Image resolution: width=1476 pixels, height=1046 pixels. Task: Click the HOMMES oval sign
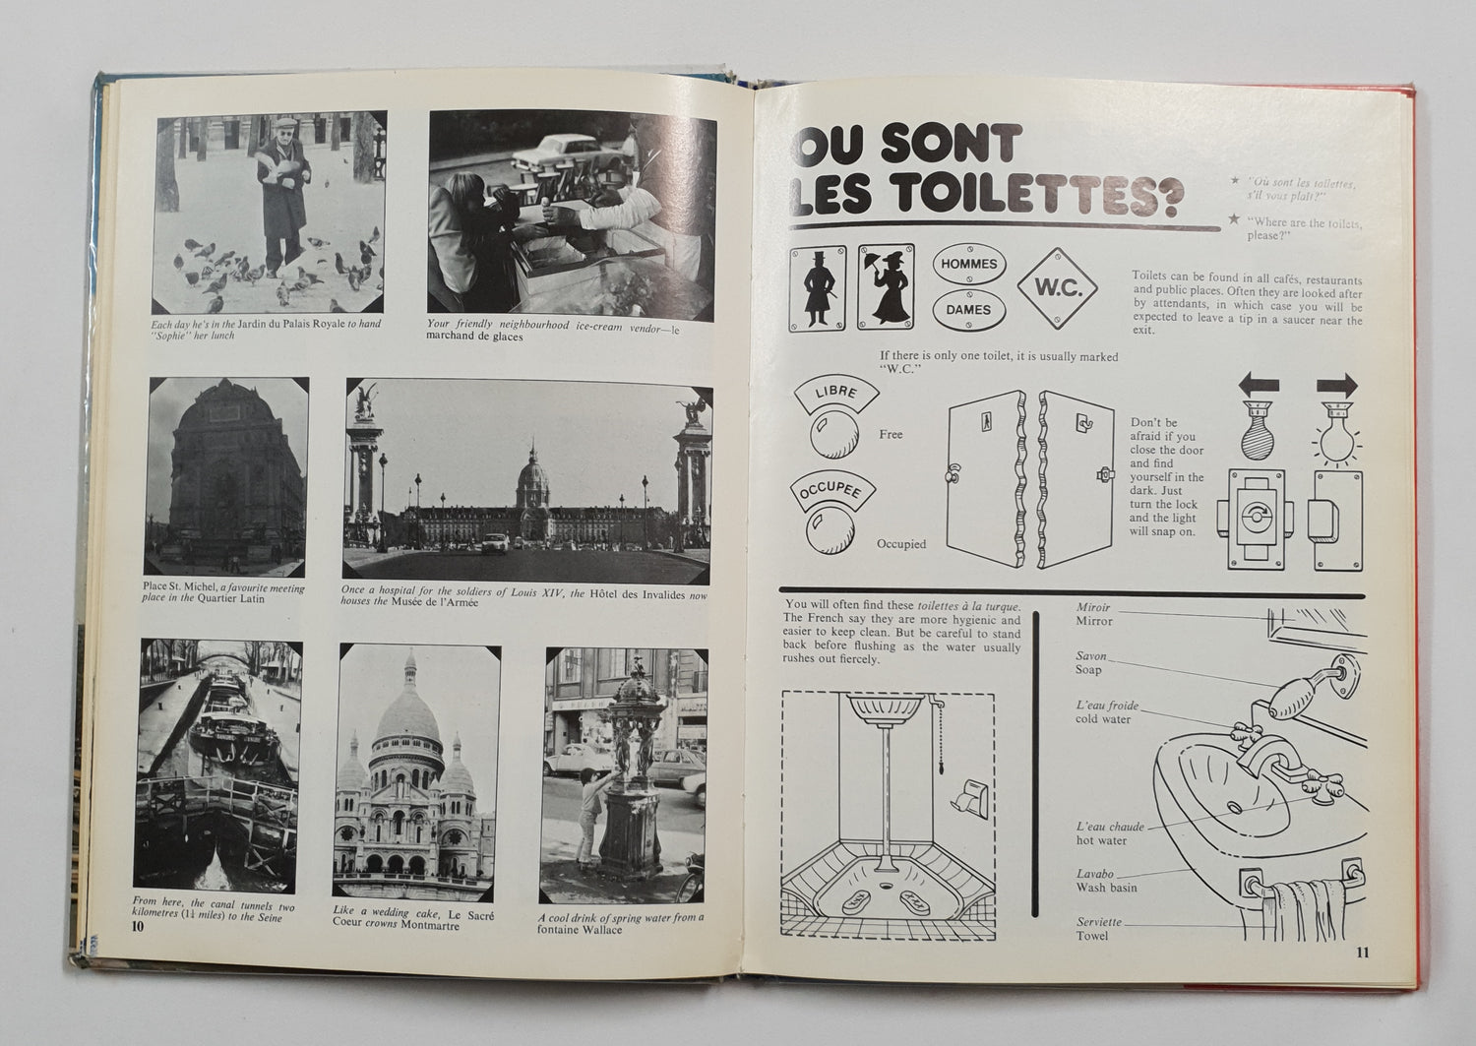coord(969,265)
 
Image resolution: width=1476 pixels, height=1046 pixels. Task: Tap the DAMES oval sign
coord(969,309)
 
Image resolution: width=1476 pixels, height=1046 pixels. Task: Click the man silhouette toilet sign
coord(817,286)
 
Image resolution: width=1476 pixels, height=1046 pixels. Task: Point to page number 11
coord(1362,952)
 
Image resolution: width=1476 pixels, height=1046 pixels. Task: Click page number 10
coord(137,926)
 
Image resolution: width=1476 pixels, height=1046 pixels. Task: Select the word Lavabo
coord(1093,874)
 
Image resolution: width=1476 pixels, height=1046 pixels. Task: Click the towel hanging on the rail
coord(1299,900)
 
